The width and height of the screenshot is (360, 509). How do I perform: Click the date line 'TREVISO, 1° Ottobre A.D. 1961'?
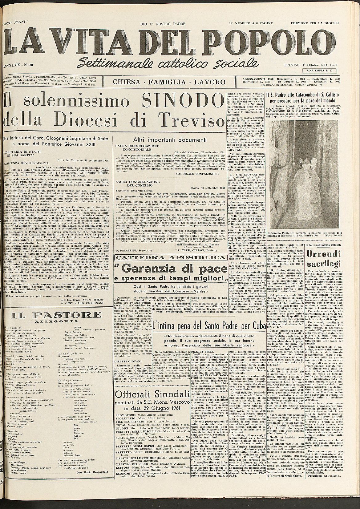point(310,66)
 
